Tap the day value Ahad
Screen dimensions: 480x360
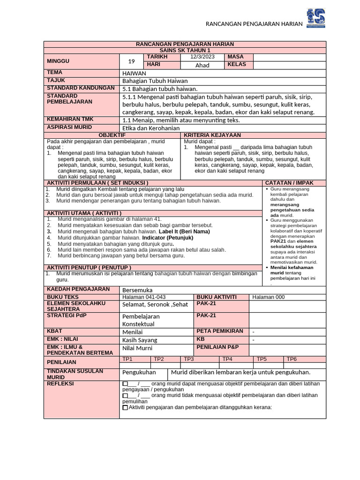point(202,65)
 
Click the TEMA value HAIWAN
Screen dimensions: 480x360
point(134,74)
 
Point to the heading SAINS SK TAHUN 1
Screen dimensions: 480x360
point(185,51)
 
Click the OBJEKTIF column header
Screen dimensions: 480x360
point(112,135)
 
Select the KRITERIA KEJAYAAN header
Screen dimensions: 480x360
point(212,135)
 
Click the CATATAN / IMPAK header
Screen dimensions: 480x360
point(289,183)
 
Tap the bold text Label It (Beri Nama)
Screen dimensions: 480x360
point(184,232)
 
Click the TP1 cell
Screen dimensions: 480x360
point(127,359)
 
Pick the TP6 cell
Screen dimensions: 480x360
point(292,359)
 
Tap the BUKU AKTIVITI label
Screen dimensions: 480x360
point(216,297)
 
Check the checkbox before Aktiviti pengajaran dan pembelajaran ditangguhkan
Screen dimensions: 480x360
point(125,407)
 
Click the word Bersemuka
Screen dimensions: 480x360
point(137,290)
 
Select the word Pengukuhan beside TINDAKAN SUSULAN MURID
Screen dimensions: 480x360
point(139,373)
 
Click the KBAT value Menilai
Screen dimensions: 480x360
point(132,332)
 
